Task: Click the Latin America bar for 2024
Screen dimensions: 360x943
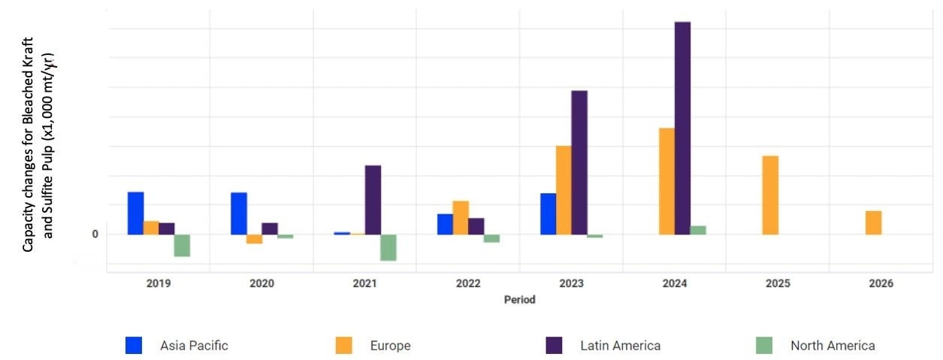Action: (x=682, y=128)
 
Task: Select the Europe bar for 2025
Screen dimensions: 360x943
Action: (x=770, y=195)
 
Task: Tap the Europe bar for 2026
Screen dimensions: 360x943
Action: (x=873, y=222)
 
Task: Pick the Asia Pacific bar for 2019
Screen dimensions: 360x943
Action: (x=135, y=213)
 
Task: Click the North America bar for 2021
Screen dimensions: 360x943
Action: (x=388, y=247)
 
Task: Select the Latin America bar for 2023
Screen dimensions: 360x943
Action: (x=579, y=162)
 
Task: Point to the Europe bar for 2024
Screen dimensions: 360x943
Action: (x=666, y=181)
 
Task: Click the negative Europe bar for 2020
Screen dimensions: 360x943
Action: (x=254, y=239)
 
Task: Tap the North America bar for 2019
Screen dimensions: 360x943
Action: (x=182, y=245)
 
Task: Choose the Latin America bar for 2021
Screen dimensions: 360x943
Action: (x=373, y=199)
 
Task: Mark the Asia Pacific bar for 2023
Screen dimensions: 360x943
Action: (x=548, y=213)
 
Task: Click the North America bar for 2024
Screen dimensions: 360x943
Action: (x=698, y=230)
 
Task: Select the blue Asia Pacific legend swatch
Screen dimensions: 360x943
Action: (x=134, y=346)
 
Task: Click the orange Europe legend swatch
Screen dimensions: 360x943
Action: (x=343, y=346)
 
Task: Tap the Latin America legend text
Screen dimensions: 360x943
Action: (x=620, y=346)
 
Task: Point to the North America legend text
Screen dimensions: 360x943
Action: (x=833, y=346)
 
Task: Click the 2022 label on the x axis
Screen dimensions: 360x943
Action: (x=467, y=284)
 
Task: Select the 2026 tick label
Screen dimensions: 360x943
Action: (x=881, y=284)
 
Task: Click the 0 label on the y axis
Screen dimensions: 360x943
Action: (x=95, y=234)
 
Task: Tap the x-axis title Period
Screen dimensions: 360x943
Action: (x=519, y=300)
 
